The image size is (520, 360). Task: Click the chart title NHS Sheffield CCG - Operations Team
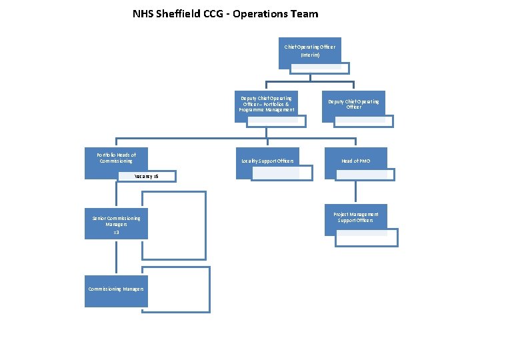pos(225,13)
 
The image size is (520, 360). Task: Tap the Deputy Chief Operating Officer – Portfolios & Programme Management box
pos(266,104)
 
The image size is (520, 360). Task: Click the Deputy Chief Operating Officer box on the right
pos(353,103)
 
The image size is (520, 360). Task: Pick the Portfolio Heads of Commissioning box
pos(115,160)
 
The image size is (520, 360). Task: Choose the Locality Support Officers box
pos(267,161)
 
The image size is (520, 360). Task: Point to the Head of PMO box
pos(355,161)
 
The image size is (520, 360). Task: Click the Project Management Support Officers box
pos(355,217)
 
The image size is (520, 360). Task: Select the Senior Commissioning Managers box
pos(116,222)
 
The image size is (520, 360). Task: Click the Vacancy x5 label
pos(146,177)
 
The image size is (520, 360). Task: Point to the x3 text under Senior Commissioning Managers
pos(116,232)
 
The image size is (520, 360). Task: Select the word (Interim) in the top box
pos(310,55)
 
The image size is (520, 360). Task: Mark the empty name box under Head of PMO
pos(365,175)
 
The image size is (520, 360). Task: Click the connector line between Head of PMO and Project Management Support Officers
pos(355,193)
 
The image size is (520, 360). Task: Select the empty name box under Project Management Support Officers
pos(366,238)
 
